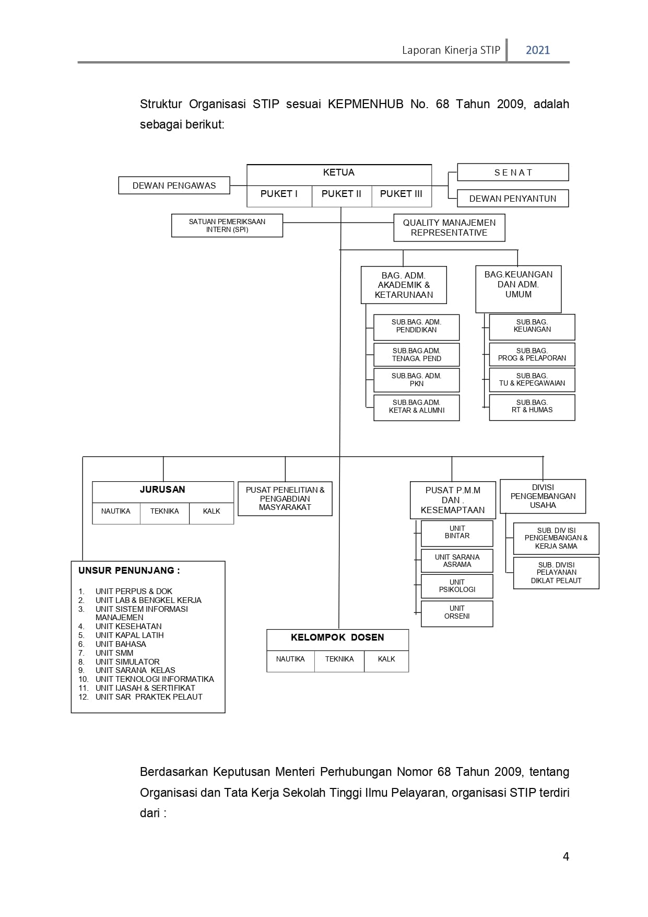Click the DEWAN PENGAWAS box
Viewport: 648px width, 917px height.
pos(174,185)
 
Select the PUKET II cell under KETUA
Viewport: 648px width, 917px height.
pos(341,196)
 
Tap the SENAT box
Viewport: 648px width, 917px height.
pos(513,172)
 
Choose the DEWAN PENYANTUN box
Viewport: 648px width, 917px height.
pos(513,198)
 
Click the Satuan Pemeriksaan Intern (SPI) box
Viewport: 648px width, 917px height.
pos(227,226)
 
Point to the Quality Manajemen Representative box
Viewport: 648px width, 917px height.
pos(449,228)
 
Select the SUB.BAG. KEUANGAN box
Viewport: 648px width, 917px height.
pos(532,327)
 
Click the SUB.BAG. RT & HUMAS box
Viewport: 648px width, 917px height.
pos(532,408)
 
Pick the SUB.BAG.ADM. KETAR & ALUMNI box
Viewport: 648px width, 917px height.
pos(417,408)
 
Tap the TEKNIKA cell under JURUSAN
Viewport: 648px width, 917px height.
pos(164,514)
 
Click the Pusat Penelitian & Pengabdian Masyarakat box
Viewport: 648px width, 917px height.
pos(285,498)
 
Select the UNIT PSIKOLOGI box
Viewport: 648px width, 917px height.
pos(457,586)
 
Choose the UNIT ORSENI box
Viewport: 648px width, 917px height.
pos(457,613)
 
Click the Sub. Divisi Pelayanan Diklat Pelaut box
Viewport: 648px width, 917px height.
pos(556,573)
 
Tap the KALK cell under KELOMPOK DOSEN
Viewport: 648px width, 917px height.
pos(386,661)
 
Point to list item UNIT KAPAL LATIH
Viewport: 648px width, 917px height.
pos(129,635)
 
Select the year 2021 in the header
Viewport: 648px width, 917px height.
pos(538,50)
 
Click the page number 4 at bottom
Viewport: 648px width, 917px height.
pos(566,856)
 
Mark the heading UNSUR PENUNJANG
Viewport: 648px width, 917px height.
pos(129,571)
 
